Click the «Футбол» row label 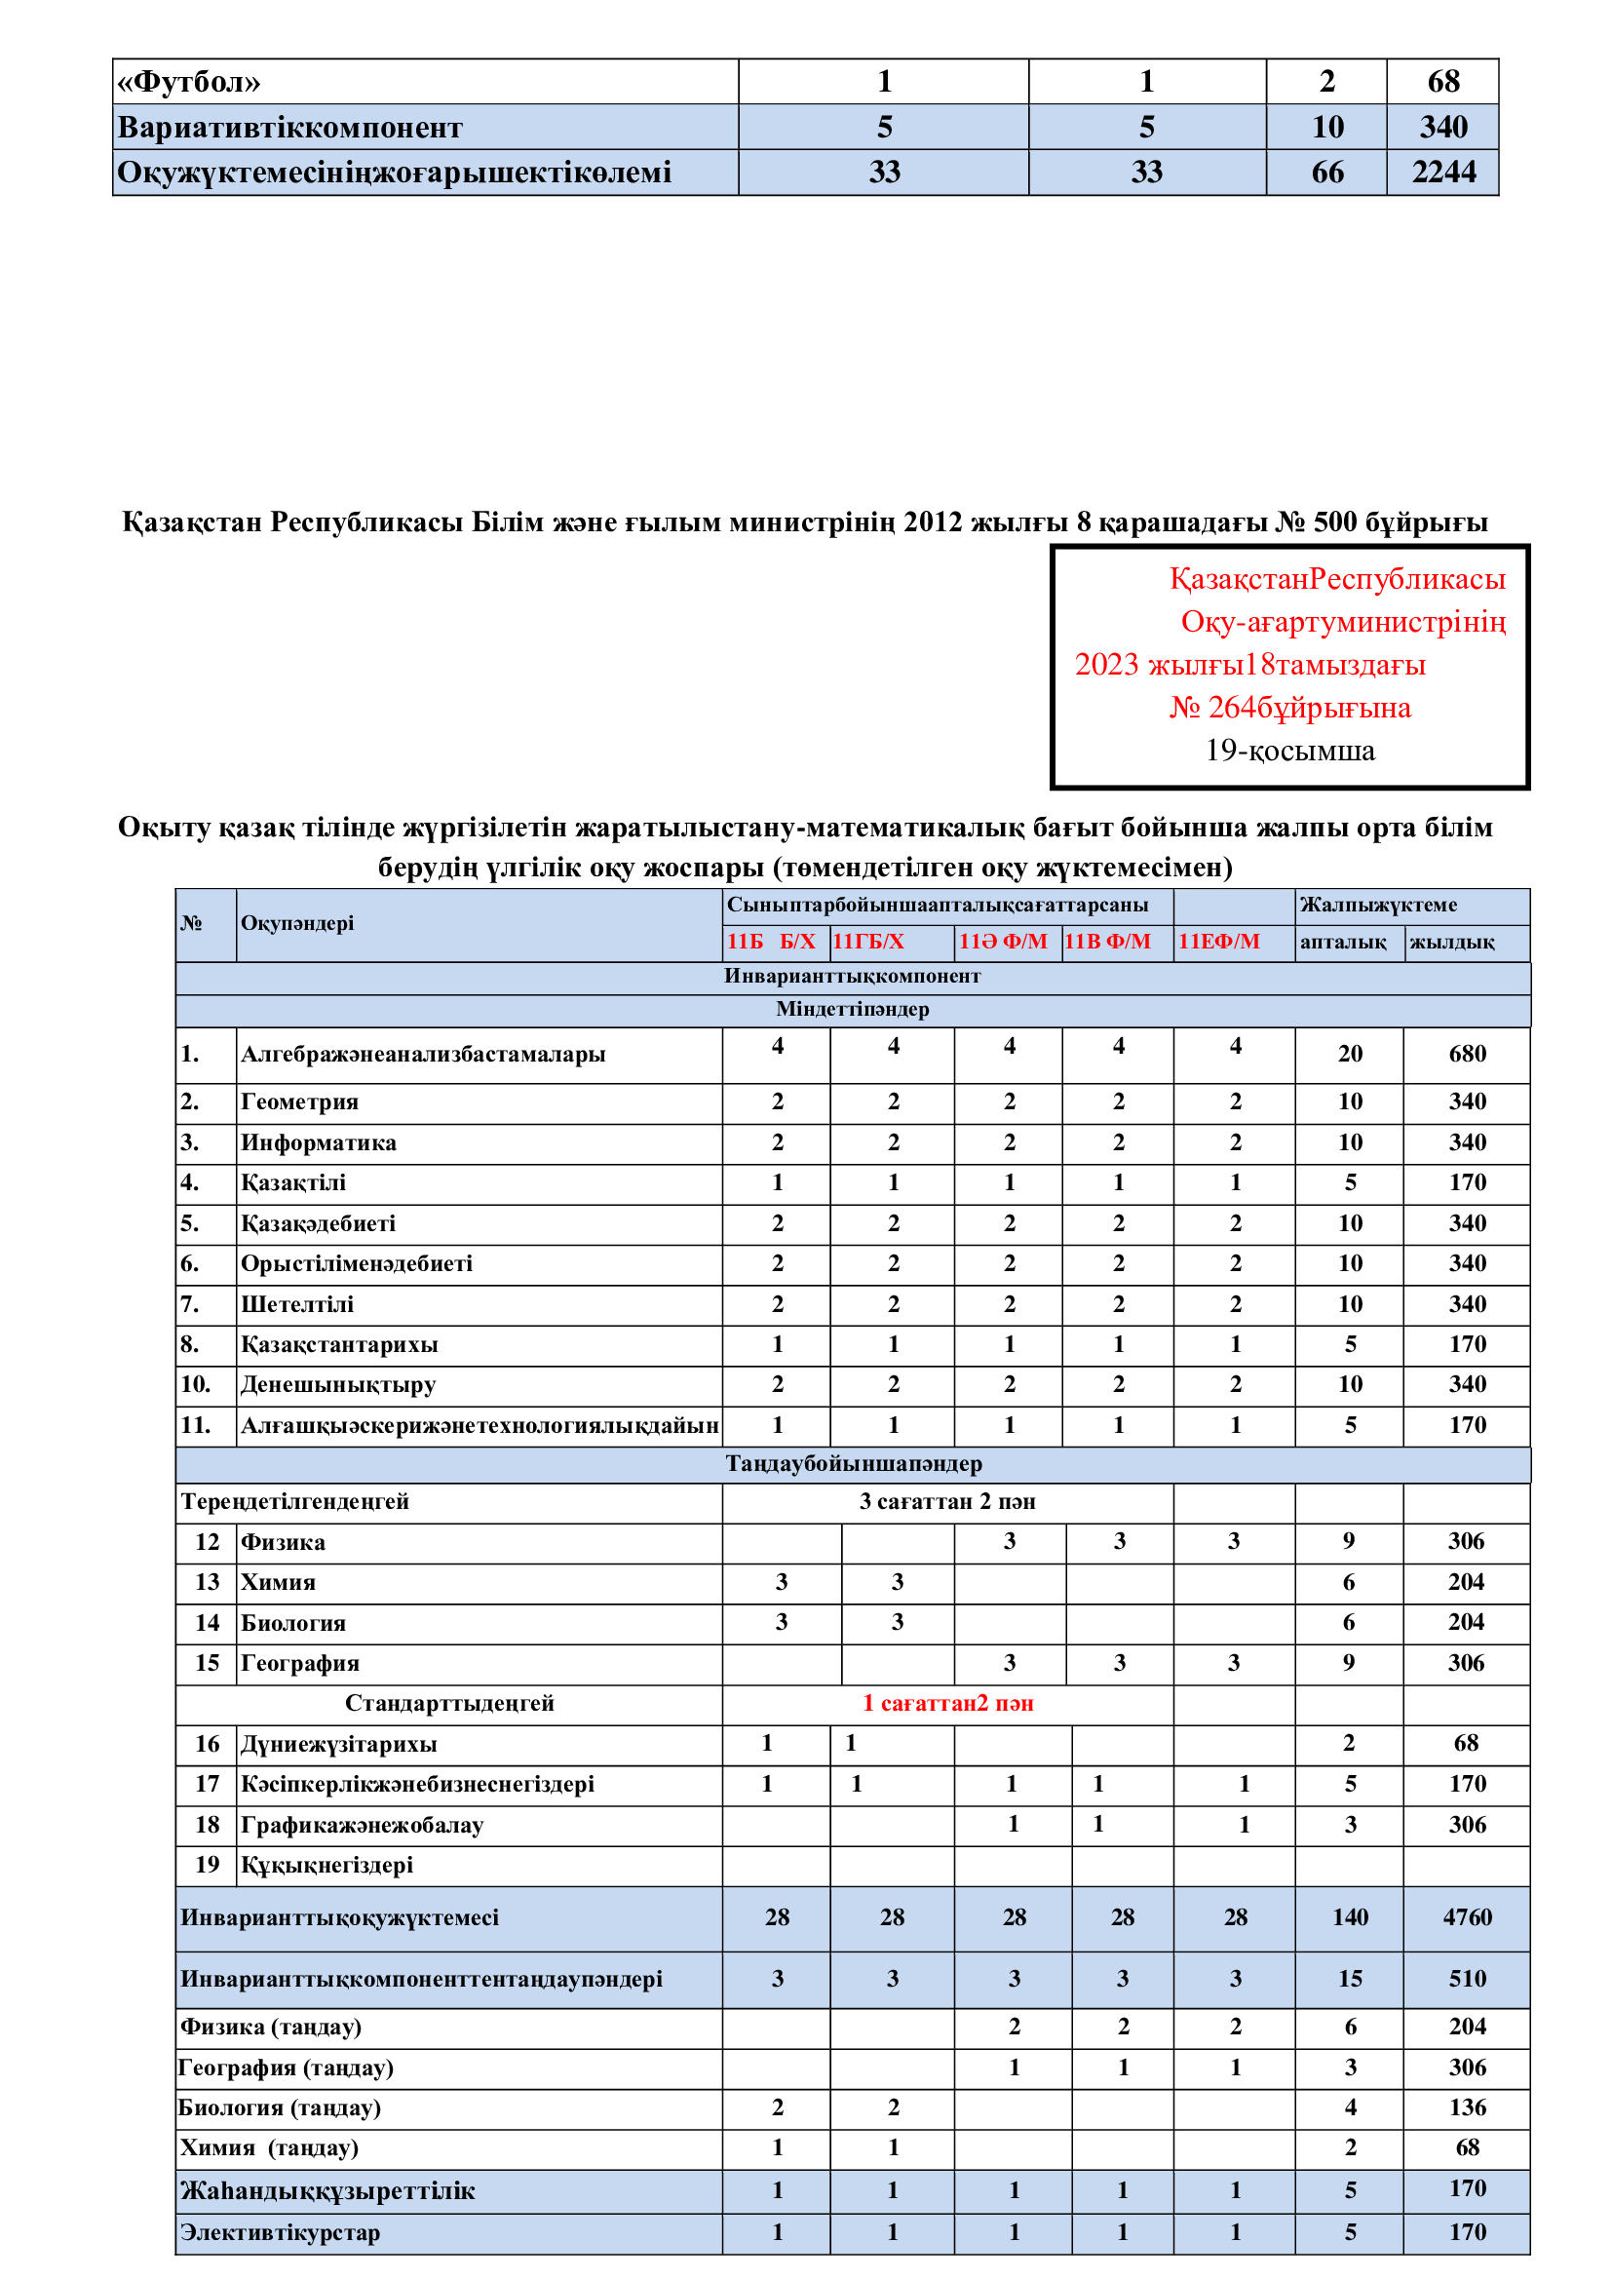(189, 82)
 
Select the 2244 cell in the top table (1443, 173)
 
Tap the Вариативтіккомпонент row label (289, 128)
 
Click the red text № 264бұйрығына (1289, 708)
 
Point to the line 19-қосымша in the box (1289, 751)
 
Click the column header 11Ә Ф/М (1003, 942)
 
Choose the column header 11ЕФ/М (1218, 942)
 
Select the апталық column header (1342, 942)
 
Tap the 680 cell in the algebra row (1466, 1055)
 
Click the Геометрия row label (300, 1102)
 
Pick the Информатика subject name (319, 1143)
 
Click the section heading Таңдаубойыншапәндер (853, 1464)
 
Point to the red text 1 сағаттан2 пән (947, 1704)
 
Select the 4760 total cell (1466, 1917)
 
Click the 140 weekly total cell (1350, 1917)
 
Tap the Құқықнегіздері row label (326, 1865)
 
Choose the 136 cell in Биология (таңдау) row (1466, 2107)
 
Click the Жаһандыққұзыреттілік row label (327, 2190)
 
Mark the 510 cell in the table (1466, 1979)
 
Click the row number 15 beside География (207, 1663)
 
